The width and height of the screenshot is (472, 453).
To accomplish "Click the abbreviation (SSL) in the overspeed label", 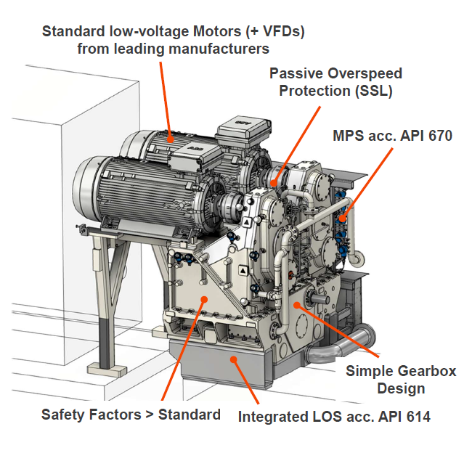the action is point(373,91).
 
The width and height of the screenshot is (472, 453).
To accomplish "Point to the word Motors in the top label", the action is point(216,31).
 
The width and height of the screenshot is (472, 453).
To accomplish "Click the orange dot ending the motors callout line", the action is point(171,139).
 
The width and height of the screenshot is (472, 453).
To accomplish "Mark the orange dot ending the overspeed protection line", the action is point(274,183).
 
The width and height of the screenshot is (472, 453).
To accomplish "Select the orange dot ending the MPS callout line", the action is point(342,219).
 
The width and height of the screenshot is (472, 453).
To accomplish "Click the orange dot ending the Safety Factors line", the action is point(204,299).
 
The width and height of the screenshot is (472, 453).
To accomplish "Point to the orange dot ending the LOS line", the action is point(234,359).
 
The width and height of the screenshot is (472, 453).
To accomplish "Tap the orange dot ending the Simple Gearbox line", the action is point(296,305).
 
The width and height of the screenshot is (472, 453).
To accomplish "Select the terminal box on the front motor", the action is point(195,157).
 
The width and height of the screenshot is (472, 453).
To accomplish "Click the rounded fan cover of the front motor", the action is point(86,186).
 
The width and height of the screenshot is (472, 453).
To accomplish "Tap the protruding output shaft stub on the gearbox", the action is point(320,299).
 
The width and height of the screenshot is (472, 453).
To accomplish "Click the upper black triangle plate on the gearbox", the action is point(247,222).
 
